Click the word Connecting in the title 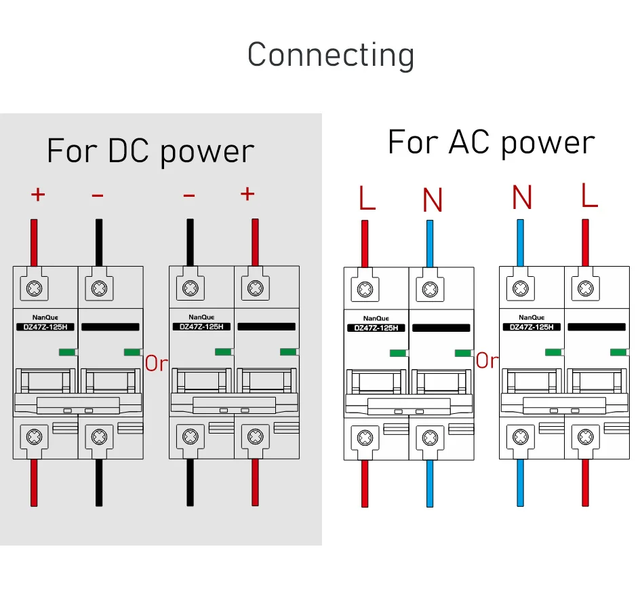click(x=330, y=54)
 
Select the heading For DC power click(x=151, y=151)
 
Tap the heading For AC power click(x=491, y=142)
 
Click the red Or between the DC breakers click(x=156, y=363)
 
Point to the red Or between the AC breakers click(x=487, y=361)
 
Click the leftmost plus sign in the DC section click(x=38, y=195)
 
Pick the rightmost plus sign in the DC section click(x=247, y=194)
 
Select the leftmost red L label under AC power click(x=367, y=198)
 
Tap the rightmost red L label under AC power click(x=590, y=195)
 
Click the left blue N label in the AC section click(x=433, y=199)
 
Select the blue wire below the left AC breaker click(x=430, y=483)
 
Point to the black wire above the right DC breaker click(x=190, y=242)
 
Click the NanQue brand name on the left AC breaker click(x=376, y=318)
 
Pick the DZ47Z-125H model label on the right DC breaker click(x=201, y=326)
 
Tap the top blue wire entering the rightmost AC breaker click(x=520, y=242)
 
